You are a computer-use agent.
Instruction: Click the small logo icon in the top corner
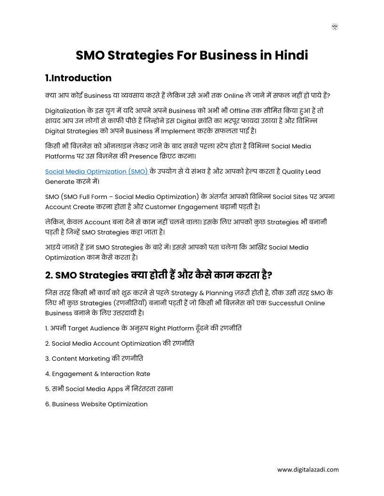coord(335,27)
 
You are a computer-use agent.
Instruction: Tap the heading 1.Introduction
coord(78,78)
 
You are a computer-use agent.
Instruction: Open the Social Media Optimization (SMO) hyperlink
coord(96,171)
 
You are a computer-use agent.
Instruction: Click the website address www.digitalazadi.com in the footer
coord(308,469)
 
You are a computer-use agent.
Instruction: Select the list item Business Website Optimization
coord(96,404)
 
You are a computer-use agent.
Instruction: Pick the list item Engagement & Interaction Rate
coord(98,374)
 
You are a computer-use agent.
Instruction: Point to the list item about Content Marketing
coord(94,358)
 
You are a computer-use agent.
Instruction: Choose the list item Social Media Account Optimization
coord(120,343)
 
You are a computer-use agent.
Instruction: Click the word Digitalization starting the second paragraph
coord(65,111)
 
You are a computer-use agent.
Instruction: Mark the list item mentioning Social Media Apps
coord(109,389)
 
